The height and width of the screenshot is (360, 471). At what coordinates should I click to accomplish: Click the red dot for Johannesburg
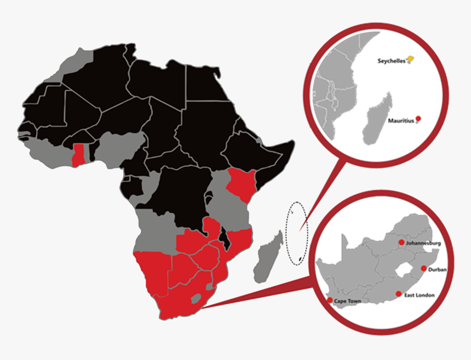401,242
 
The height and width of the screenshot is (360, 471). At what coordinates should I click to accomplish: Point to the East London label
420,295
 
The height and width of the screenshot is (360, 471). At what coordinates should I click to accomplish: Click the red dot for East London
398,294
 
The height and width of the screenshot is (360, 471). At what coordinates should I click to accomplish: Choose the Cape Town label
347,301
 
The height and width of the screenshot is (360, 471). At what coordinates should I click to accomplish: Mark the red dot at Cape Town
329,300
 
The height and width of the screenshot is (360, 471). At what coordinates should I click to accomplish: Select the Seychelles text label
391,61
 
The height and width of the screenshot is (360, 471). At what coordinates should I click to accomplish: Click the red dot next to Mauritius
418,119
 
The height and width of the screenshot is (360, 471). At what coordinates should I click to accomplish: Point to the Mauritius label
400,120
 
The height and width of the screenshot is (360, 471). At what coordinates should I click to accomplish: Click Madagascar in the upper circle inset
378,118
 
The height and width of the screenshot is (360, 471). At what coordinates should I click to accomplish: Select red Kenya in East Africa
241,183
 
